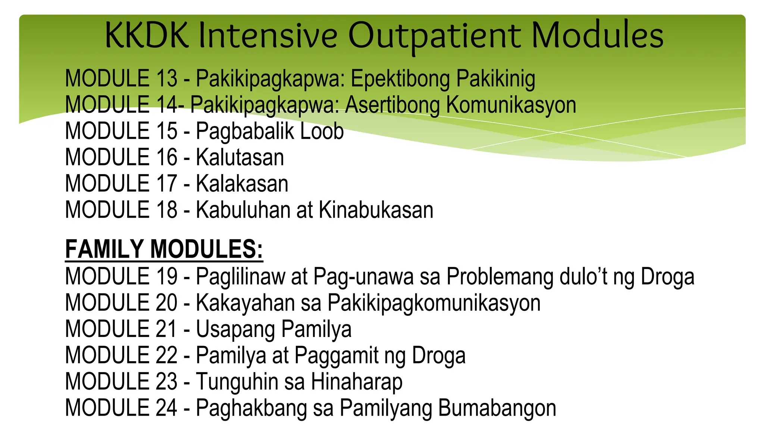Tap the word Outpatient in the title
tap(434, 36)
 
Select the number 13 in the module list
tap(166, 79)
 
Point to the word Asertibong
tap(392, 105)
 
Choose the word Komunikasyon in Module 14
tap(511, 105)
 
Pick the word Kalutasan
tap(240, 157)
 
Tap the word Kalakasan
tap(242, 184)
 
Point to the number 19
tap(166, 277)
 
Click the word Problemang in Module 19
tap(500, 277)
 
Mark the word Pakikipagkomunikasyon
tap(434, 303)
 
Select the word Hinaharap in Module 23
tap(357, 382)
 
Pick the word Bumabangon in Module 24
tap(497, 408)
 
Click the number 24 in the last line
tap(166, 408)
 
